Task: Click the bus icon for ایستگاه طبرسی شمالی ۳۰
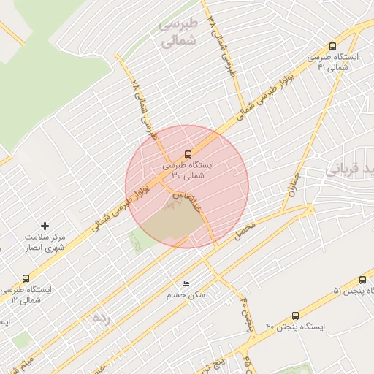[x=188, y=154]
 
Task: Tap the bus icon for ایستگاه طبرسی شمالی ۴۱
[x=333, y=46]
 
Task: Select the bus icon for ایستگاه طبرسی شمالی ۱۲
[x=26, y=278]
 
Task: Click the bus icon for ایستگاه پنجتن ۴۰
[x=295, y=316]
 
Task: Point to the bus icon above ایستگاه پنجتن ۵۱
[x=363, y=280]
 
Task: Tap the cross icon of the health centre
[x=45, y=226]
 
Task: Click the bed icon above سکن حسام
[x=186, y=283]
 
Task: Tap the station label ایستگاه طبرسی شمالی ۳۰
[x=188, y=170]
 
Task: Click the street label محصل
[x=245, y=231]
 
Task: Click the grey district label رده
[x=100, y=318]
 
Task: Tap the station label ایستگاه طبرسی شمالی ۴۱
[x=333, y=62]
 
